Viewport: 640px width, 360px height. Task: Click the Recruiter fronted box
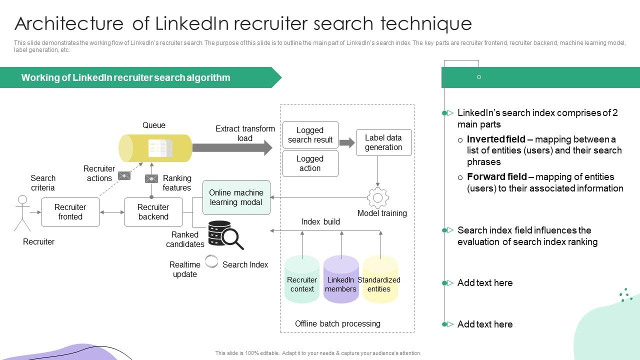70,212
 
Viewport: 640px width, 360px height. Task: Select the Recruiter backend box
153,212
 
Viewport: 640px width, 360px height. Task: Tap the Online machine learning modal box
236,197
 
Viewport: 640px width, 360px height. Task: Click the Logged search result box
310,135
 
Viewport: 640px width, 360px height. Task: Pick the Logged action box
310,163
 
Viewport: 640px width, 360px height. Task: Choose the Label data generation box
383,142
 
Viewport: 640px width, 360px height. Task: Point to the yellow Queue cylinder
155,148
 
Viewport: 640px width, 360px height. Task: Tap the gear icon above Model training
377,198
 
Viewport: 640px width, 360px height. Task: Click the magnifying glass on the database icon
232,238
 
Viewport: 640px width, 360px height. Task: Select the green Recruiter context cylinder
302,280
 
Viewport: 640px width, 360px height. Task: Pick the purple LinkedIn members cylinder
341,280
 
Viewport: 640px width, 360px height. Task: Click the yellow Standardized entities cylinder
380,280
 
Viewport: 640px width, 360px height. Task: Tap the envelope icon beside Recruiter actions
124,175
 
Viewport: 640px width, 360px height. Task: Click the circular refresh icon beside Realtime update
212,261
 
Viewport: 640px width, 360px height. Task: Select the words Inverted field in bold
496,139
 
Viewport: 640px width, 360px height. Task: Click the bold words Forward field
496,177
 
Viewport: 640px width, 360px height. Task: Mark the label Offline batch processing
337,324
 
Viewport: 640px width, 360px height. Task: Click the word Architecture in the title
69,24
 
